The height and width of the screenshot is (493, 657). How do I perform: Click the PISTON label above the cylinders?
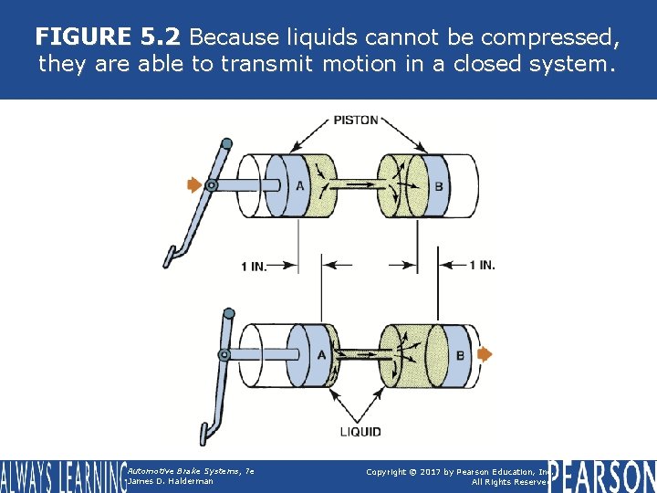pyautogui.click(x=356, y=120)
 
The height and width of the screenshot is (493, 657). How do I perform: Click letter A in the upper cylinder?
pyautogui.click(x=298, y=187)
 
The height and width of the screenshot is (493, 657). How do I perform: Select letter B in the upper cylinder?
pyautogui.click(x=439, y=187)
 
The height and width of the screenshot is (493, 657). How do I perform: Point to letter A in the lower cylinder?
pyautogui.click(x=320, y=355)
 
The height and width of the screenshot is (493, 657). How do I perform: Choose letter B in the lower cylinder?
pyautogui.click(x=460, y=355)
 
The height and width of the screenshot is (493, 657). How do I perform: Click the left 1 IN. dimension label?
pyautogui.click(x=255, y=267)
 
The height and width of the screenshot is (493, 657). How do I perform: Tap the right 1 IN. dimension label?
pyautogui.click(x=482, y=266)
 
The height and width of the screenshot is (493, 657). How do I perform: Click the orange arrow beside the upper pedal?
pyautogui.click(x=193, y=185)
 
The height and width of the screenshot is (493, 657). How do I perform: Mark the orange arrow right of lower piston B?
pyautogui.click(x=485, y=354)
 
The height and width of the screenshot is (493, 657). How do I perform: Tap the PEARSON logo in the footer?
pyautogui.click(x=601, y=476)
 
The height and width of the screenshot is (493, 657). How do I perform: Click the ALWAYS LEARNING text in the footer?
pyautogui.click(x=62, y=476)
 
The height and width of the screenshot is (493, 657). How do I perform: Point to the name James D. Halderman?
pyautogui.click(x=171, y=481)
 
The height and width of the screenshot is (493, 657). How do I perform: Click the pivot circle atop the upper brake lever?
pyautogui.click(x=226, y=143)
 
